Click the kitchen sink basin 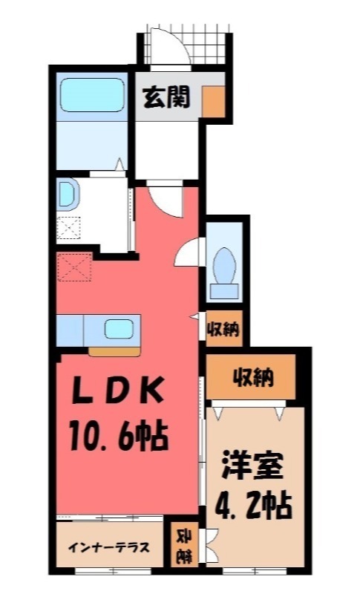[x=119, y=327]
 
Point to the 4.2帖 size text [x=253, y=506]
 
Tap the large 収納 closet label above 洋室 [x=252, y=379]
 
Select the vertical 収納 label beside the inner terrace [x=182, y=546]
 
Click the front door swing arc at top [x=165, y=45]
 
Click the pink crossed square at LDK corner [x=74, y=265]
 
